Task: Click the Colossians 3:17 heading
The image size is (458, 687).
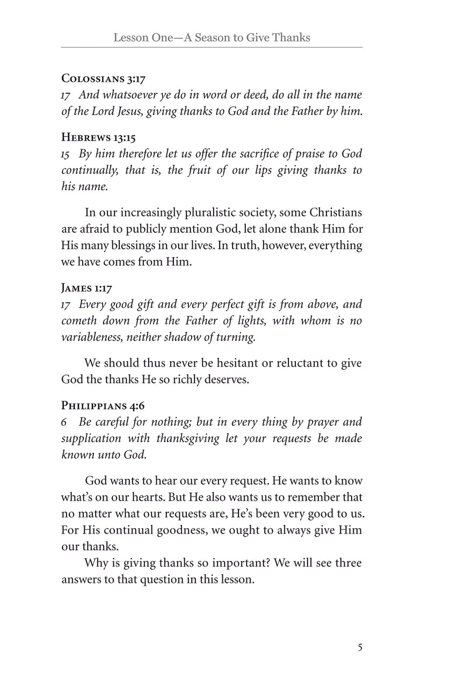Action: [x=104, y=79]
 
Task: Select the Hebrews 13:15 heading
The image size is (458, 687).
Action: [x=98, y=138]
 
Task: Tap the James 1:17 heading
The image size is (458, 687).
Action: [x=87, y=288]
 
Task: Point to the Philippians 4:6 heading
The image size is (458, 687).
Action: [x=103, y=406]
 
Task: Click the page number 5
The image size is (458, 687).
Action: [x=360, y=647]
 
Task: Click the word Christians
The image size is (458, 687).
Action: [x=333, y=213]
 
